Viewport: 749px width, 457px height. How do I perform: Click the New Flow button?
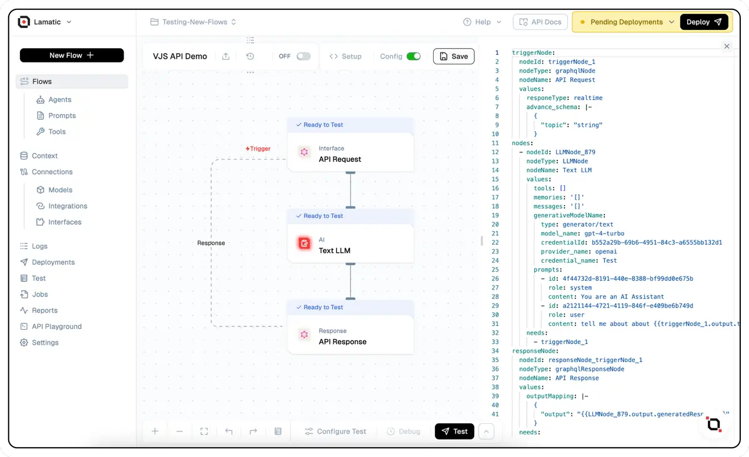coord(72,56)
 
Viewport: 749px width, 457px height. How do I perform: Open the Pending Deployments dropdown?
coord(626,22)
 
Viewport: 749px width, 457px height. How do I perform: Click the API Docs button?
coord(540,22)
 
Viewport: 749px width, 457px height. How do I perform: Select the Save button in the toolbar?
coord(454,56)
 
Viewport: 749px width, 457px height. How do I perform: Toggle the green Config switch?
coord(413,56)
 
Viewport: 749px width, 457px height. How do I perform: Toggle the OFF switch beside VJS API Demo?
coord(303,56)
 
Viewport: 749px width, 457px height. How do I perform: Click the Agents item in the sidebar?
coord(60,100)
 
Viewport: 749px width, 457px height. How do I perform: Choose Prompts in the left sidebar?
coord(62,115)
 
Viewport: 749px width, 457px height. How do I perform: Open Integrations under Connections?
coord(67,206)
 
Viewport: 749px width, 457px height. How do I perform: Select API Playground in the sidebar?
coord(57,327)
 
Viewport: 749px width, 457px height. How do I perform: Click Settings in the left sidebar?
coord(45,343)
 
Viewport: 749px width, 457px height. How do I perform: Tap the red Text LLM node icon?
coord(304,243)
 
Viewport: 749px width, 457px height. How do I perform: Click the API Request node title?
coord(340,159)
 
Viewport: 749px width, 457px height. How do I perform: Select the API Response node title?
coord(343,342)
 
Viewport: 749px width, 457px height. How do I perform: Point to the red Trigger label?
coord(258,149)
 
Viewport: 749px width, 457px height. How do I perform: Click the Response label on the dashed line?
coord(211,243)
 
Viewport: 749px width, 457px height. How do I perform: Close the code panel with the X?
coord(727,46)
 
